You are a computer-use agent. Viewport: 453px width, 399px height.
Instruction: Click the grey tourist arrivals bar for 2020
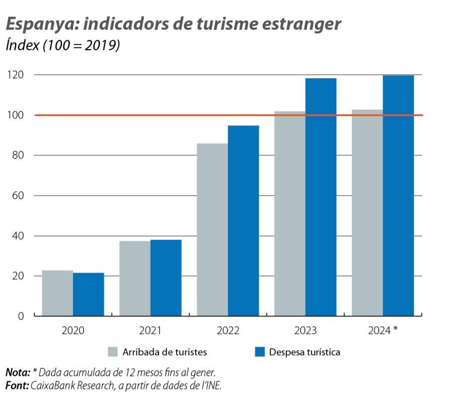tap(57, 293)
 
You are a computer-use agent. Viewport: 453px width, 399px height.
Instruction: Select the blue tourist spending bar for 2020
tap(89, 294)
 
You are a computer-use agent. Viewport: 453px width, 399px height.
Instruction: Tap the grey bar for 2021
tap(135, 278)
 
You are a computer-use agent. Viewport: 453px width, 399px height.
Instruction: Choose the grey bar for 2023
tap(290, 214)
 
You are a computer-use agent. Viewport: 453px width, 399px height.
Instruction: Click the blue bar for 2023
tap(321, 197)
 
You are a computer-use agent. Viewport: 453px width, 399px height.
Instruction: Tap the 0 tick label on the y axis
tap(21, 316)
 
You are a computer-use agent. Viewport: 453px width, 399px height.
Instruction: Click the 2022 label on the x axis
tap(228, 330)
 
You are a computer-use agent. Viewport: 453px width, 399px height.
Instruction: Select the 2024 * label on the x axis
tap(383, 330)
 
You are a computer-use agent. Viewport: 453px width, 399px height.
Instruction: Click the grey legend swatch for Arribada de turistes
tap(113, 352)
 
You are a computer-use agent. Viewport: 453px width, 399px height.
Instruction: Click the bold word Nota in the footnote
tap(17, 373)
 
